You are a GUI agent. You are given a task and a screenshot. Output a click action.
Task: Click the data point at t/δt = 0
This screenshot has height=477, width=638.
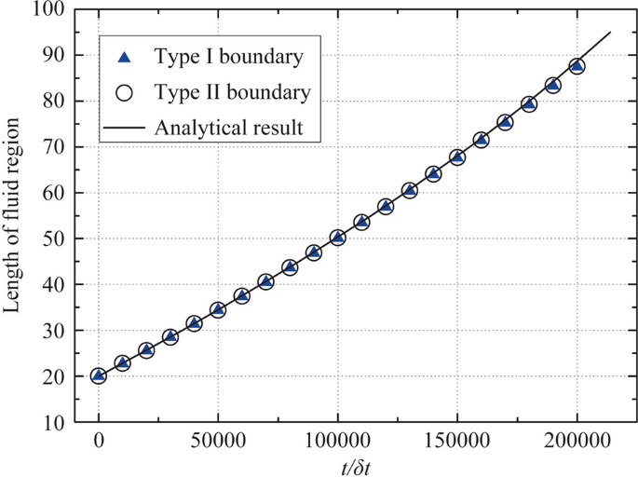(x=99, y=375)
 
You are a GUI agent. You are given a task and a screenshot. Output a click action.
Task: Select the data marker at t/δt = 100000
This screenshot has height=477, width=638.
(x=338, y=238)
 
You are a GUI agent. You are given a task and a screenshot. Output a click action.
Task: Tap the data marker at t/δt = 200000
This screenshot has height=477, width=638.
(x=577, y=66)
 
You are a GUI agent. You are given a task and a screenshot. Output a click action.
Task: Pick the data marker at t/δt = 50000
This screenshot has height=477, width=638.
(x=218, y=309)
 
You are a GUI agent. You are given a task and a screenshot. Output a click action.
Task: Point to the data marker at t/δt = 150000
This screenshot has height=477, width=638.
(x=457, y=157)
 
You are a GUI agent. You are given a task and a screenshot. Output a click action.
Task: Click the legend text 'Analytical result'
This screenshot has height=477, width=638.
(x=230, y=127)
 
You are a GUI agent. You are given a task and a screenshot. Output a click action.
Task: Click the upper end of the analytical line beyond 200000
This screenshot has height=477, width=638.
(x=610, y=33)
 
